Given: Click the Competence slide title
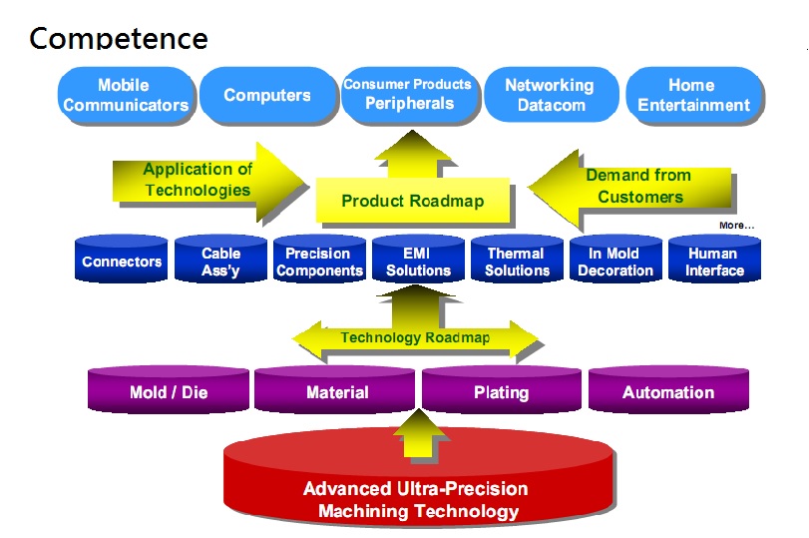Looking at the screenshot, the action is pyautogui.click(x=118, y=38).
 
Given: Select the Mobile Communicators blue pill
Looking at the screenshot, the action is pyautogui.click(x=126, y=95).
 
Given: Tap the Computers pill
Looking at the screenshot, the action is pyautogui.click(x=267, y=95).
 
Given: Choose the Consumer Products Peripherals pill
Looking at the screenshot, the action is pyautogui.click(x=410, y=95).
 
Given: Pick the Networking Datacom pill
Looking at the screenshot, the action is pyautogui.click(x=551, y=95).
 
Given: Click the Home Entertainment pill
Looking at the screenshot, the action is pyautogui.click(x=693, y=95).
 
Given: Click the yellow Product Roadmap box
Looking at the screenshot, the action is pyautogui.click(x=413, y=201).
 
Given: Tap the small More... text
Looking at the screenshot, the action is pyautogui.click(x=736, y=226).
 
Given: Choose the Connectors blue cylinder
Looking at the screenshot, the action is pyautogui.click(x=122, y=259).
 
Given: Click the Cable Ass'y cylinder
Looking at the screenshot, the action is pyautogui.click(x=220, y=259).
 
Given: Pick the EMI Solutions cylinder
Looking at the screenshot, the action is pyautogui.click(x=418, y=259).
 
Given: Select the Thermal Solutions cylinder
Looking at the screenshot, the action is pyautogui.click(x=517, y=259).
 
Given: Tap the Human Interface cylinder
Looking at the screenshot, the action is pyautogui.click(x=714, y=259).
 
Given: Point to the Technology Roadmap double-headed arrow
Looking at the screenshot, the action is pyautogui.click(x=415, y=338).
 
